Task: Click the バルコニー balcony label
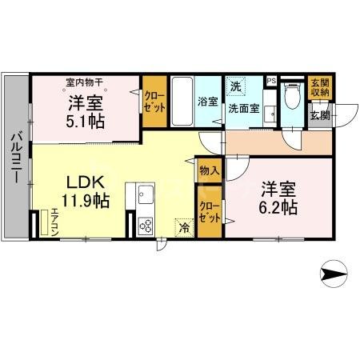(x=15, y=158)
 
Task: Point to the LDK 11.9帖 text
(x=86, y=189)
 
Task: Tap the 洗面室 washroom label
(x=243, y=108)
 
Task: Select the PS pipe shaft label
(x=271, y=81)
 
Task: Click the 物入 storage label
(x=209, y=170)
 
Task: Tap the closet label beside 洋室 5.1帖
(x=154, y=102)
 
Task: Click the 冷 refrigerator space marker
(x=185, y=227)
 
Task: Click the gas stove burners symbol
(x=147, y=224)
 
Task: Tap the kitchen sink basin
(x=146, y=194)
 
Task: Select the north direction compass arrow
(x=334, y=274)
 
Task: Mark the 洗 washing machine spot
(x=235, y=86)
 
